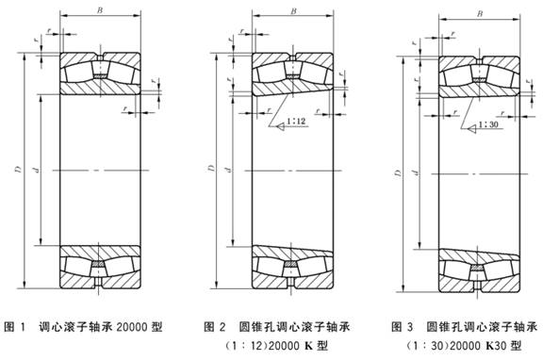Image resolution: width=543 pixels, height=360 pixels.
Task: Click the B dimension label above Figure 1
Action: pyautogui.click(x=100, y=10)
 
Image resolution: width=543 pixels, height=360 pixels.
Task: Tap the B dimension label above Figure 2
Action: pyautogui.click(x=293, y=11)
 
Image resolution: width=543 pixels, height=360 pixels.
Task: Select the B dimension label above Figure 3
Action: pyautogui.click(x=480, y=14)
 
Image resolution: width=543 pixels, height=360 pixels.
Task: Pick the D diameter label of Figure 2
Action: pyautogui.click(x=211, y=169)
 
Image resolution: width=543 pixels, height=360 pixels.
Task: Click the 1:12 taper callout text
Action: pyautogui.click(x=296, y=122)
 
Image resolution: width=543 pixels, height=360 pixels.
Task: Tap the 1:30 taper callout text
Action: pyautogui.click(x=488, y=124)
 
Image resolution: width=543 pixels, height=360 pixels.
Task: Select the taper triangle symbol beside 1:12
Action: pyautogui.click(x=281, y=126)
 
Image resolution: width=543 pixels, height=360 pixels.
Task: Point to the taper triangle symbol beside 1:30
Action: pyautogui.click(x=472, y=129)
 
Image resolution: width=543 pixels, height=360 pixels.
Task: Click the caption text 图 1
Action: pyautogui.click(x=15, y=327)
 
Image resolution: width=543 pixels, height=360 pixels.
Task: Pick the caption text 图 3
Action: pyautogui.click(x=403, y=327)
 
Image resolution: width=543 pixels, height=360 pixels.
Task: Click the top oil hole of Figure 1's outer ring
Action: pyautogui.click(x=100, y=57)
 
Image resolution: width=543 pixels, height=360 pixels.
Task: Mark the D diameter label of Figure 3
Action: pyautogui.click(x=398, y=173)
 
